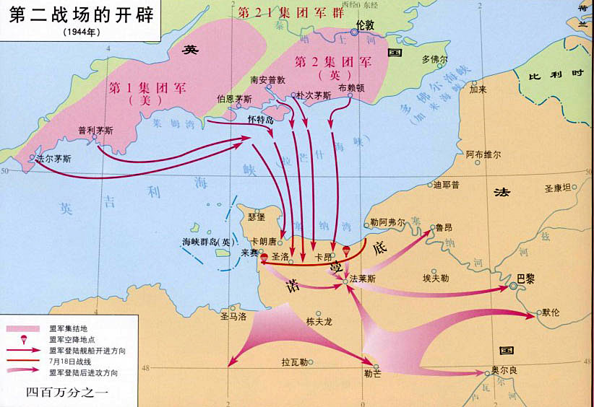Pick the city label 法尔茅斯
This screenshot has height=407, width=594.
54,158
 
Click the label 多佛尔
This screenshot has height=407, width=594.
435,59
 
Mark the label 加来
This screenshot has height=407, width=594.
478,90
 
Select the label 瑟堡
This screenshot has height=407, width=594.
257,216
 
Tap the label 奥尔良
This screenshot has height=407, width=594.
503,369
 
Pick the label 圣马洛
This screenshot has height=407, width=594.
233,316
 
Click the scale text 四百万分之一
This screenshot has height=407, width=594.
66,393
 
